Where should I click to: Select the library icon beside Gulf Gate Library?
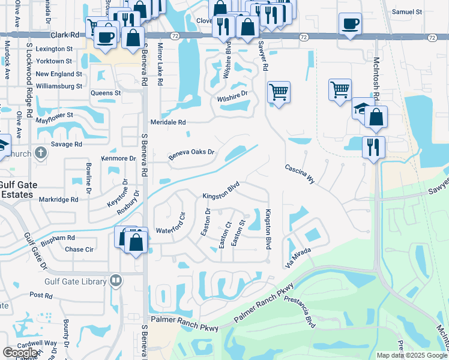(x=116, y=280)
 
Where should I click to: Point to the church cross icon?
(x=40, y=153)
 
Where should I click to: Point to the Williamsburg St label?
(x=59, y=86)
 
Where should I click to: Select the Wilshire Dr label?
(x=232, y=95)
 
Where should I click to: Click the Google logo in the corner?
(x=20, y=353)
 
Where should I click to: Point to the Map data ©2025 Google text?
(x=412, y=355)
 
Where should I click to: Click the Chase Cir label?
(x=79, y=250)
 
